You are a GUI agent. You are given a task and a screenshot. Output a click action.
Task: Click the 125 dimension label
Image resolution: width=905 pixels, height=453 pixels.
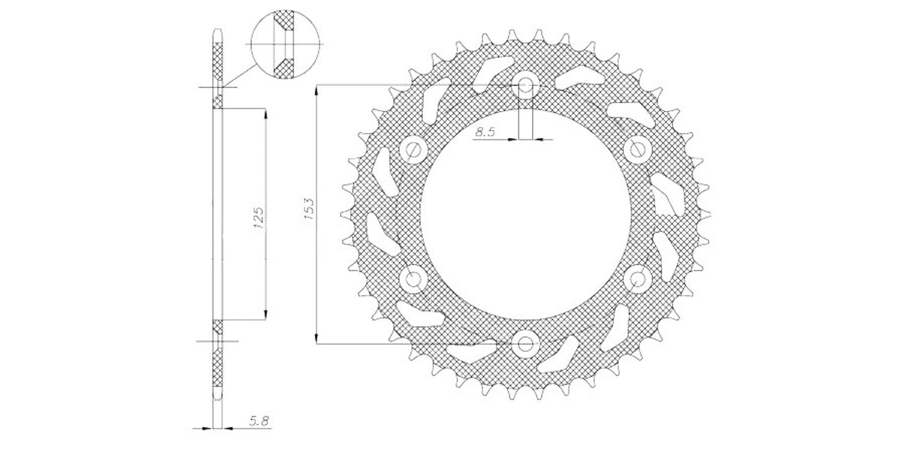pyautogui.click(x=258, y=217)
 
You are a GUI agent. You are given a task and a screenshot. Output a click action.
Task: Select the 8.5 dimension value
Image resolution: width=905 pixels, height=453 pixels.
pyautogui.click(x=485, y=131)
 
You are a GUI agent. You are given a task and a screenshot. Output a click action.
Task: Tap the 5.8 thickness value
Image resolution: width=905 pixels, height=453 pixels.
pyautogui.click(x=258, y=421)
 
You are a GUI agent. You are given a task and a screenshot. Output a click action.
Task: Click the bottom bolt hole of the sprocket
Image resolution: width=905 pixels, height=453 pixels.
pyautogui.click(x=525, y=344)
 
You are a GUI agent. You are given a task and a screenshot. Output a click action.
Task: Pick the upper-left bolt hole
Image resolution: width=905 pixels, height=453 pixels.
pyautogui.click(x=413, y=149)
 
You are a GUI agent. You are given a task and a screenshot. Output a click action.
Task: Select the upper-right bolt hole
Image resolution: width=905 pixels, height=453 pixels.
pyautogui.click(x=637, y=149)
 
